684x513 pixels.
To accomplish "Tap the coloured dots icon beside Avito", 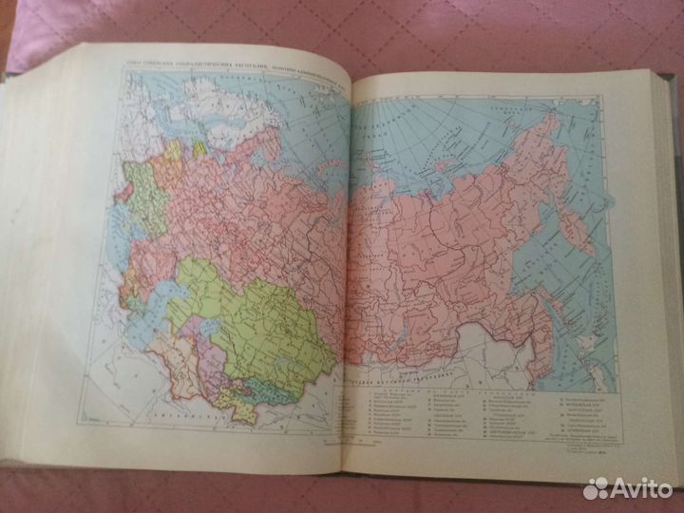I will point(596,488).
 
